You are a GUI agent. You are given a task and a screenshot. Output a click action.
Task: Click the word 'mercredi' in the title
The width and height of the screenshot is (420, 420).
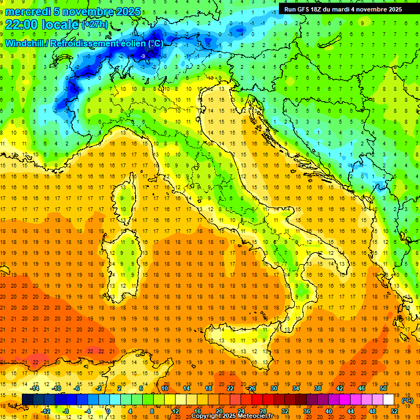tap(28, 11)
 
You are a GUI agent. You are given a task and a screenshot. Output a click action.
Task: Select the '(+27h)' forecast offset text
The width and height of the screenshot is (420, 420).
tap(94, 25)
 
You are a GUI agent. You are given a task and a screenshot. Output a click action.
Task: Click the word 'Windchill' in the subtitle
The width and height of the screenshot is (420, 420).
tap(26, 43)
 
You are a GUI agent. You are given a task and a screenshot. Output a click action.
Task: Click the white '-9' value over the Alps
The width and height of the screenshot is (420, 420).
tap(143, 56)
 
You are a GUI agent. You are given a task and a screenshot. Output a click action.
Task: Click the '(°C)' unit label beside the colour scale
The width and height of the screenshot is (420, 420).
tap(407, 400)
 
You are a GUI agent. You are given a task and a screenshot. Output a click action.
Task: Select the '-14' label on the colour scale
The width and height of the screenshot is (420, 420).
tap(35, 388)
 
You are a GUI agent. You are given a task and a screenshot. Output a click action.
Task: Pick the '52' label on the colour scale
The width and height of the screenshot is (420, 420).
tap(394, 411)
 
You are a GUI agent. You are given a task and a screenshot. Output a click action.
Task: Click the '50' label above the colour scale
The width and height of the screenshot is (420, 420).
tap(383, 388)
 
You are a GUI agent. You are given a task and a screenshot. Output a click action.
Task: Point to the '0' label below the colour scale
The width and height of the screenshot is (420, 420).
tap(108, 411)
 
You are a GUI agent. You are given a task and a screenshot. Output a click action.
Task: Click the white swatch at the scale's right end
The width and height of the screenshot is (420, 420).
tap(389, 400)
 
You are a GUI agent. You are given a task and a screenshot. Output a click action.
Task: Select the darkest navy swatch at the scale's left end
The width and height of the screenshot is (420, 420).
tap(27, 400)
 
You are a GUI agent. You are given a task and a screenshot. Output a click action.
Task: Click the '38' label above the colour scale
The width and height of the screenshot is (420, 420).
tap(317, 388)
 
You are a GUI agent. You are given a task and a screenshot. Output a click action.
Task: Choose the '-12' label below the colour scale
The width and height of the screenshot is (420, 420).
tap(46, 411)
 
